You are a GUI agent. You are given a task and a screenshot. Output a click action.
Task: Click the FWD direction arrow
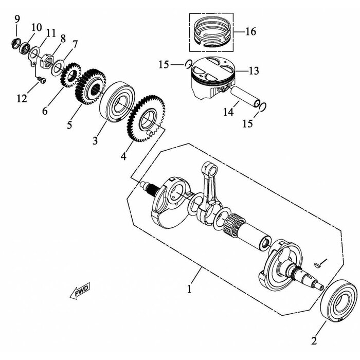pyautogui.click(x=80, y=291)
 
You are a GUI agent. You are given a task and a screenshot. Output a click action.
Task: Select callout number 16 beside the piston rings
pyautogui.click(x=251, y=31)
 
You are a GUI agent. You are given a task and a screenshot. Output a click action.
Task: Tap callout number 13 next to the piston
pyautogui.click(x=254, y=71)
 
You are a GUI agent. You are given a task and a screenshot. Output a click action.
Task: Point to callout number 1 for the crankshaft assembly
pyautogui.click(x=189, y=289)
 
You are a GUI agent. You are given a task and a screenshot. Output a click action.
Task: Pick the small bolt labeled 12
pyautogui.click(x=42, y=80)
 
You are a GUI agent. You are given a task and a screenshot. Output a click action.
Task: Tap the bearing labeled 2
pyautogui.click(x=339, y=301)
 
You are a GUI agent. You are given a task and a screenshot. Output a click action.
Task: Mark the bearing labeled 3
pyautogui.click(x=117, y=101)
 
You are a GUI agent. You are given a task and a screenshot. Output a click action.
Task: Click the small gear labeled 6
pyautogui.click(x=71, y=75)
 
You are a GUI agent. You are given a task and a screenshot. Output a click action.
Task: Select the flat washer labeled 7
pyautogui.click(x=57, y=67)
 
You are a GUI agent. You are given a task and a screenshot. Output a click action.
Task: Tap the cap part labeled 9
pyautogui.click(x=16, y=44)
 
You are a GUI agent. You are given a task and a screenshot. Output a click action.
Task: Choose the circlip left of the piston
pyautogui.click(x=188, y=64)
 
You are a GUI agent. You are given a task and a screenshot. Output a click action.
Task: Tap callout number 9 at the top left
pyautogui.click(x=17, y=19)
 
